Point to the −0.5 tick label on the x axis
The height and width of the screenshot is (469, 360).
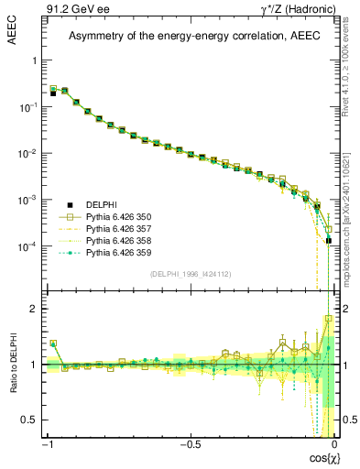click(189, 444)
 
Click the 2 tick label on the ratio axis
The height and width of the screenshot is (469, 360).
click(34, 309)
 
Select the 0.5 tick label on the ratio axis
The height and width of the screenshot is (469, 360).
click(30, 420)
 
